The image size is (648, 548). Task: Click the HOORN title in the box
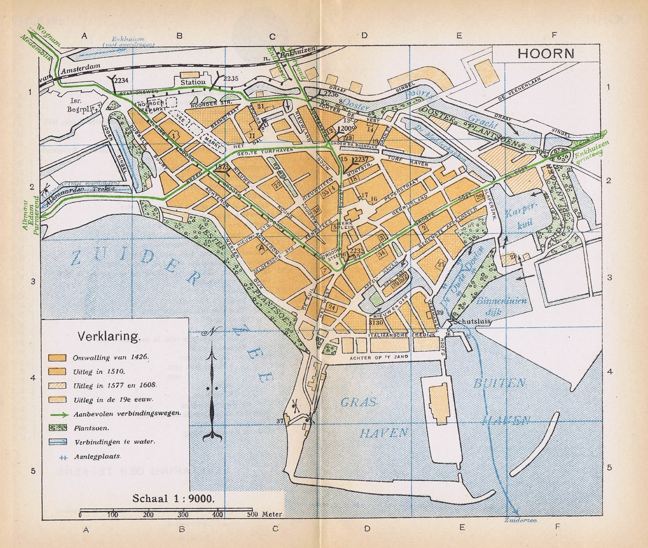(546, 53)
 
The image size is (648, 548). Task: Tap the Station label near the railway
(193, 82)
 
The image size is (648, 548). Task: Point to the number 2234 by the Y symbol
(121, 80)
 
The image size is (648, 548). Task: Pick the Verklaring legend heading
(108, 336)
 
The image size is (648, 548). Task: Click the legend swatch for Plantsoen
(58, 428)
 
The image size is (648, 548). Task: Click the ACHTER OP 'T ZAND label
(379, 357)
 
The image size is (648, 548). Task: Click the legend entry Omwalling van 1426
(111, 357)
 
